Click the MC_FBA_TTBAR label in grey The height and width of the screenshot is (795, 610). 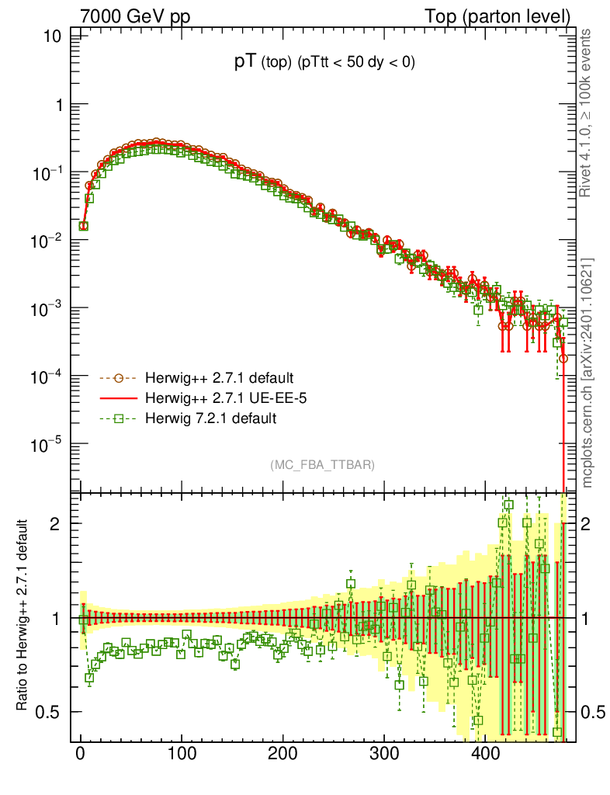click(323, 464)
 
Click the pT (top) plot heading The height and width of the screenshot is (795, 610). click(324, 64)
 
